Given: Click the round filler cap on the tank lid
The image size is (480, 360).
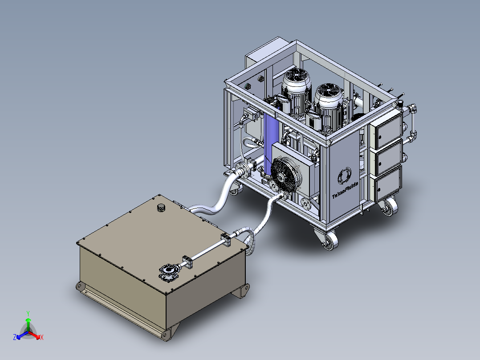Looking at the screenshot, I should tap(160, 207).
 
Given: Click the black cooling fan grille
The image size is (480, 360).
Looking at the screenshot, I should tap(285, 176).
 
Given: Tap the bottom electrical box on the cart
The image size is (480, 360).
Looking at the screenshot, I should tap(387, 184).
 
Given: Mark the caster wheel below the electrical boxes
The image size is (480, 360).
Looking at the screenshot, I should tap(388, 207).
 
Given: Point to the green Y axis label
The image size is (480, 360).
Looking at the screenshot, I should tap(28, 313).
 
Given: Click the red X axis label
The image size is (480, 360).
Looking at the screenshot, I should tap(42, 338).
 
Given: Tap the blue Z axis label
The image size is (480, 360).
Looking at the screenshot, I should tap(14, 338).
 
